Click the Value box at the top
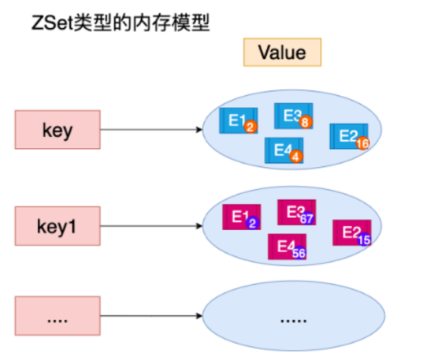coord(282,52)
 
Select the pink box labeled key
coord(58,129)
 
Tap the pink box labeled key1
coord(58,226)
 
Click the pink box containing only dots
coord(58,315)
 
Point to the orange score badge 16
coord(362,143)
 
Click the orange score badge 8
coord(305,122)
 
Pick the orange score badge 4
coord(296,157)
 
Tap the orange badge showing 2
coord(250,126)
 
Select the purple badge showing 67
coord(307,219)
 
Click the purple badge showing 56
coord(299,253)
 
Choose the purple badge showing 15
coord(364,240)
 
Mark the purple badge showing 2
coord(253,223)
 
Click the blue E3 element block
coord(294,116)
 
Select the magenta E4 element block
coord(288,247)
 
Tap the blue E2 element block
coord(349,136)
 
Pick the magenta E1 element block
coord(241,217)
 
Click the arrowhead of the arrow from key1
coord(200,226)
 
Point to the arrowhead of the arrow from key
coord(200,129)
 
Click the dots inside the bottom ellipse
coord(294,321)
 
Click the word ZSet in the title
coord(52,23)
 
